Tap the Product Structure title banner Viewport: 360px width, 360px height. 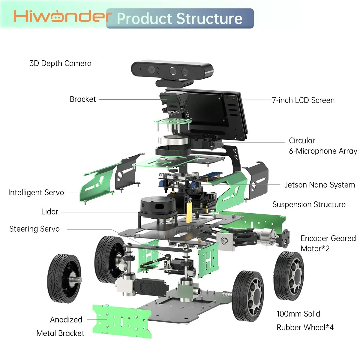[x=179, y=19]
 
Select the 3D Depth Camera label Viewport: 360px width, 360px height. [x=61, y=64]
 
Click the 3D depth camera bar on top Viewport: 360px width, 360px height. [x=172, y=70]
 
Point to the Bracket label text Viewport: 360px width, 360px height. [x=83, y=99]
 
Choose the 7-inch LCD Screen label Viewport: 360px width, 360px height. [x=303, y=100]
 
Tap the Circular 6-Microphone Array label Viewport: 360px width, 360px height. [x=323, y=146]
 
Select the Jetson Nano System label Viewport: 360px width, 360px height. [x=319, y=185]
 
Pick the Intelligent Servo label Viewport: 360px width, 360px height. [x=36, y=193]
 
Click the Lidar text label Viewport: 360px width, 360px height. [x=50, y=212]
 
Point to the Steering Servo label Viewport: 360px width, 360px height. [x=34, y=229]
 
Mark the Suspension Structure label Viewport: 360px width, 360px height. [x=309, y=205]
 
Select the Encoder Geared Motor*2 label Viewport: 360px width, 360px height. [x=328, y=243]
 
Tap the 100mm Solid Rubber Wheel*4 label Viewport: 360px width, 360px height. [x=305, y=320]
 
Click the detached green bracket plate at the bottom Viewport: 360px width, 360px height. [x=122, y=321]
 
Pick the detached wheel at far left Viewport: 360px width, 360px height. [x=64, y=278]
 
